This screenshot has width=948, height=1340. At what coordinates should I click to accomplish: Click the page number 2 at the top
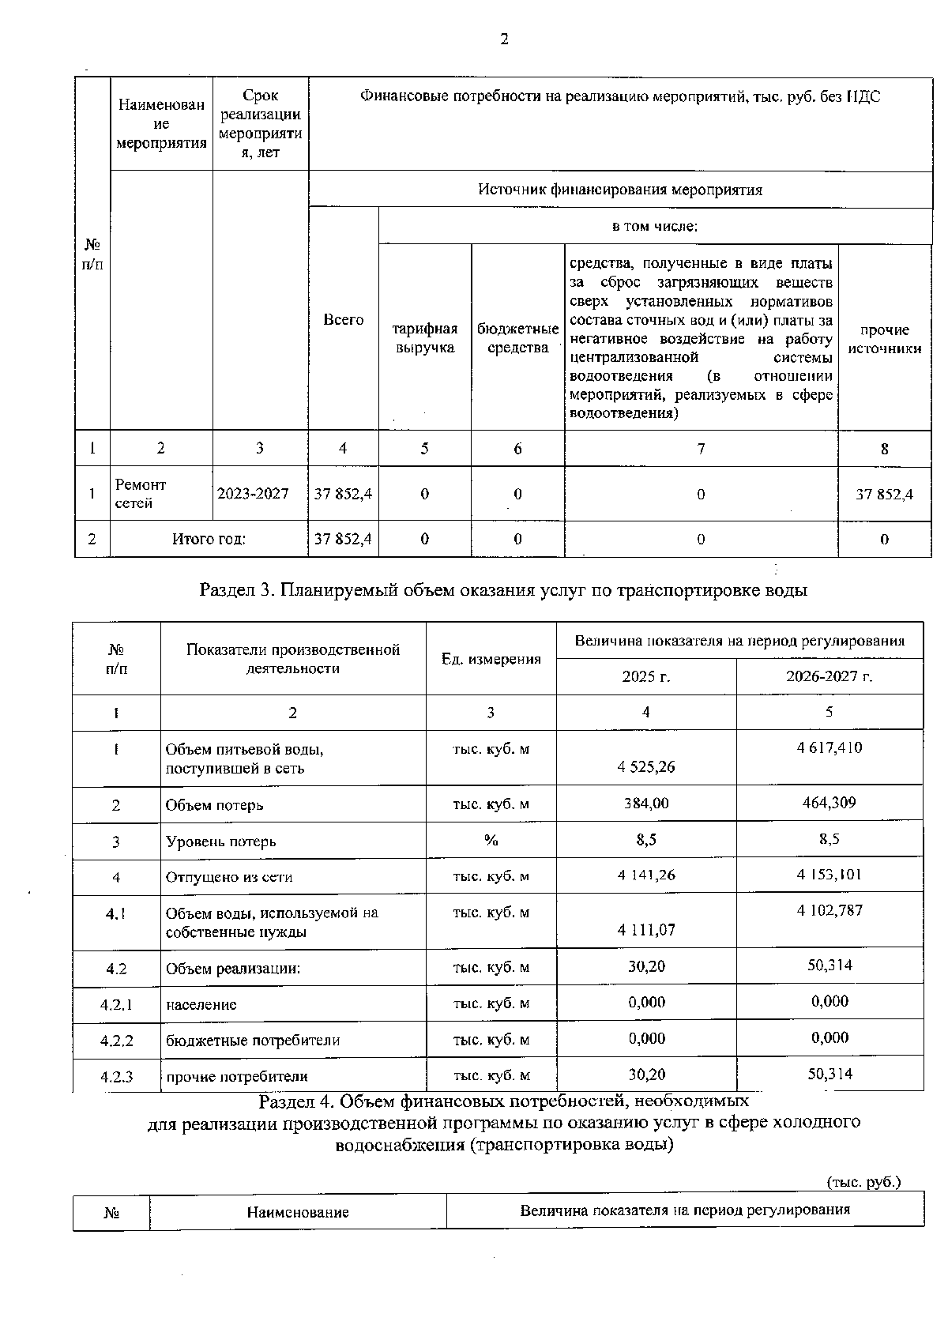(503, 40)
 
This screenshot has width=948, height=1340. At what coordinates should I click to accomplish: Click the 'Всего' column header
(343, 320)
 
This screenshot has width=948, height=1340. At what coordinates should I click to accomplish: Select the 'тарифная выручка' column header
(425, 338)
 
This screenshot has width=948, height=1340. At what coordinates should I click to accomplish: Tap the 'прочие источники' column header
(884, 339)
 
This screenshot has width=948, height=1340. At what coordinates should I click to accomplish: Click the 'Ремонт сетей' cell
(141, 494)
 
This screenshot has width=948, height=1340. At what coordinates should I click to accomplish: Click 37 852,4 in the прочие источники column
(884, 495)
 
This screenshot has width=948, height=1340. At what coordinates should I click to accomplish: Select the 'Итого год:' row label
(209, 540)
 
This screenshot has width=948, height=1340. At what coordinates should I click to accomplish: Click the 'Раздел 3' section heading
(503, 590)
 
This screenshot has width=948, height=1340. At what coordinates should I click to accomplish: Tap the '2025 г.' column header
(645, 677)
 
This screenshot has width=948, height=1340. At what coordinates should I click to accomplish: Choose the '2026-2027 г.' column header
(829, 677)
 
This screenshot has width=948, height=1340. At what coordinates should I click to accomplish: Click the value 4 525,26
(646, 766)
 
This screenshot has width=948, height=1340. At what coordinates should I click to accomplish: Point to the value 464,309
(829, 802)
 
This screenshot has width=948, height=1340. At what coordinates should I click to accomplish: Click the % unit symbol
(491, 841)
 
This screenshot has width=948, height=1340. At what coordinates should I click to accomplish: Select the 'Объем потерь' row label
(215, 805)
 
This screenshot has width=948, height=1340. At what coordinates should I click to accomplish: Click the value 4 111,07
(646, 930)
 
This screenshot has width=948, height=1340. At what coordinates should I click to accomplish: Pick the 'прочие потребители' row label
(237, 1076)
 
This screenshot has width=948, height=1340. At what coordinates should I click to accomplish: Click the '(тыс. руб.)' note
(863, 1182)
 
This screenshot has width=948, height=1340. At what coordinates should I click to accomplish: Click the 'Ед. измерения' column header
(491, 659)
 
